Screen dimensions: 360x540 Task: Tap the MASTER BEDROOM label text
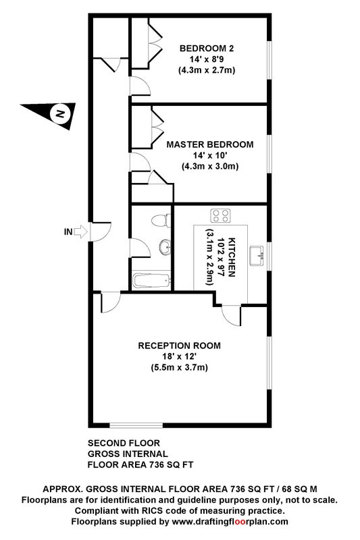click(210, 144)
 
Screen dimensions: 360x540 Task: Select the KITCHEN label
click(232, 257)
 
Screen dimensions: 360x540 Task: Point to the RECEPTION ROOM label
click(179, 346)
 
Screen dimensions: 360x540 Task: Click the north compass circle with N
click(60, 113)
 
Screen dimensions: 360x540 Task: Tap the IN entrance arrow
click(81, 232)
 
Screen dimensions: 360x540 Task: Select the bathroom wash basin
click(165, 247)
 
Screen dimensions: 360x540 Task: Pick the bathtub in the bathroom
click(151, 281)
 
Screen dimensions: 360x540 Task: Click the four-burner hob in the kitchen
click(220, 216)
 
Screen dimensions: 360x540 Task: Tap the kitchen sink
click(257, 256)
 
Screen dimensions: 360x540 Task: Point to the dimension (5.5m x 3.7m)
click(179, 367)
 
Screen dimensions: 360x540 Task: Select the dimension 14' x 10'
click(210, 155)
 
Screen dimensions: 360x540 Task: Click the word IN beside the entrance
click(68, 232)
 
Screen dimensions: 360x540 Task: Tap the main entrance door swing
click(101, 232)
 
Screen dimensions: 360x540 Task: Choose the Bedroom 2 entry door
click(140, 86)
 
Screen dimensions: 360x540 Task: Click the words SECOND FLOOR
click(124, 443)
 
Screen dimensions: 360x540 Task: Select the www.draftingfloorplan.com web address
click(230, 521)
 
